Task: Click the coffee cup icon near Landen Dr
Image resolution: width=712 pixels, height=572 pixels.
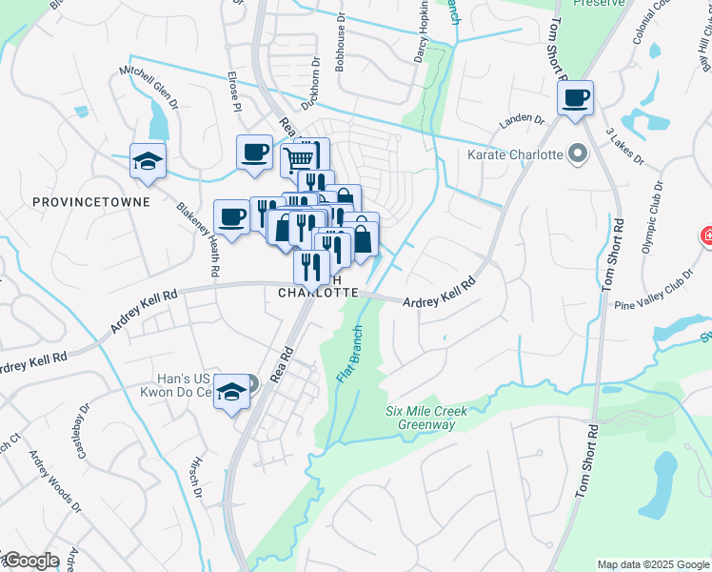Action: [575, 98]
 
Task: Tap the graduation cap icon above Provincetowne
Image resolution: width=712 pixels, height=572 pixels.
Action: [148, 160]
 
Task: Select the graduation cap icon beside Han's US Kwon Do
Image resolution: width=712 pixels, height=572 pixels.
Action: [231, 391]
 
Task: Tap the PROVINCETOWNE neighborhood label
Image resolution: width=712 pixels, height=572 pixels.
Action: [77, 202]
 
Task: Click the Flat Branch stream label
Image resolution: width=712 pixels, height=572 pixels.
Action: [350, 359]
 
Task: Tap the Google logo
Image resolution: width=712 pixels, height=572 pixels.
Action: [30, 561]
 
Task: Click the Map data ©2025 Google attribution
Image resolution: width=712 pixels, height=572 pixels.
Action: [653, 564]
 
